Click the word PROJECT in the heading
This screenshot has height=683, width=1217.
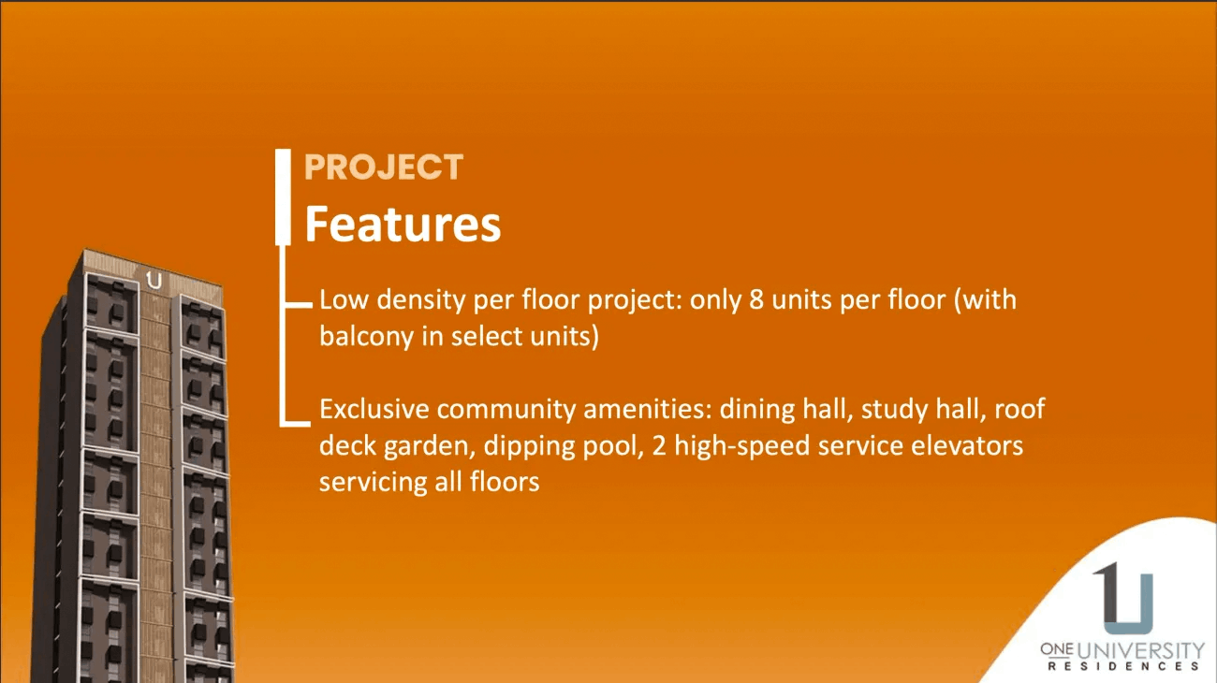click(384, 167)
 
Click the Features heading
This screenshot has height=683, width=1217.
click(403, 225)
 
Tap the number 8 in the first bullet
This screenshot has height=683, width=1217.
click(756, 299)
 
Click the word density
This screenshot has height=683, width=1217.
click(421, 300)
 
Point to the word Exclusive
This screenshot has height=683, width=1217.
click(374, 409)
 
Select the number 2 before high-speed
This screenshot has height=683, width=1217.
click(658, 445)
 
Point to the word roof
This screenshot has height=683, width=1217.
click(1019, 409)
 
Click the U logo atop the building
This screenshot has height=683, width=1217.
click(154, 280)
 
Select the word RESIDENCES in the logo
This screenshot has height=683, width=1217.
click(1124, 666)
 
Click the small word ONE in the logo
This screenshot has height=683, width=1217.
click(1057, 647)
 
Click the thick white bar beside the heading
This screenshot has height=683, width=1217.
click(283, 197)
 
